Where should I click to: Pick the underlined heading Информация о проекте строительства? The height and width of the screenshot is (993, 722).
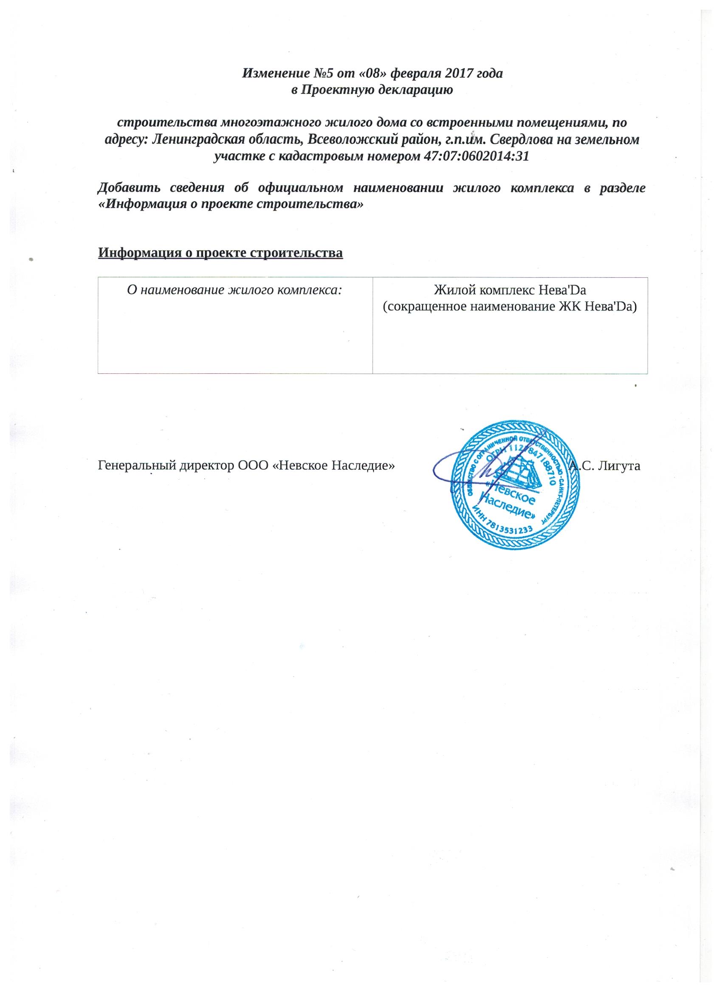tap(220, 253)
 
